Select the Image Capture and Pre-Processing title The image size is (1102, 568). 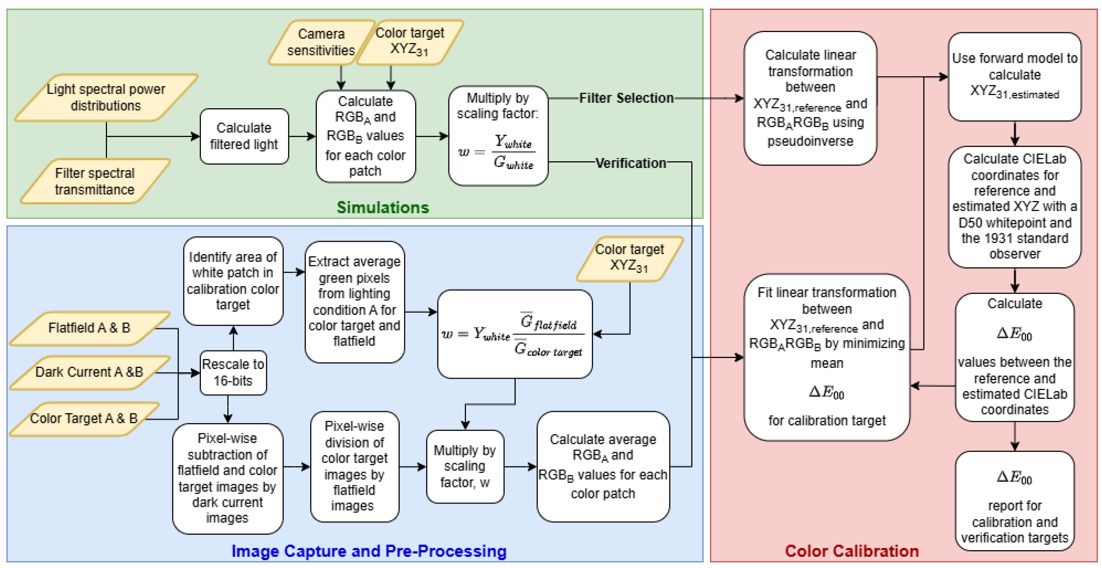[x=368, y=551]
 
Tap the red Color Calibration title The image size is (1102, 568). [x=851, y=551]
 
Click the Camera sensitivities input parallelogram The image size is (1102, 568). [x=321, y=42]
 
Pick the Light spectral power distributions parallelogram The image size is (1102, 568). [x=106, y=97]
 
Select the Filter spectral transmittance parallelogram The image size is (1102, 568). [x=95, y=181]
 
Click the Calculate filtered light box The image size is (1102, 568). [x=244, y=136]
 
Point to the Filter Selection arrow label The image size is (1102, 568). [x=626, y=98]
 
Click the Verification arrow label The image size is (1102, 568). [x=630, y=163]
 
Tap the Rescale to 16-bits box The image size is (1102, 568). [x=233, y=372]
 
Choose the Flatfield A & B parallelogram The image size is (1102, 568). [x=89, y=328]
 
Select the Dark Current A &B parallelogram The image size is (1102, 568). [x=89, y=372]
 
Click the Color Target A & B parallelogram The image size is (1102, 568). [x=84, y=418]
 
